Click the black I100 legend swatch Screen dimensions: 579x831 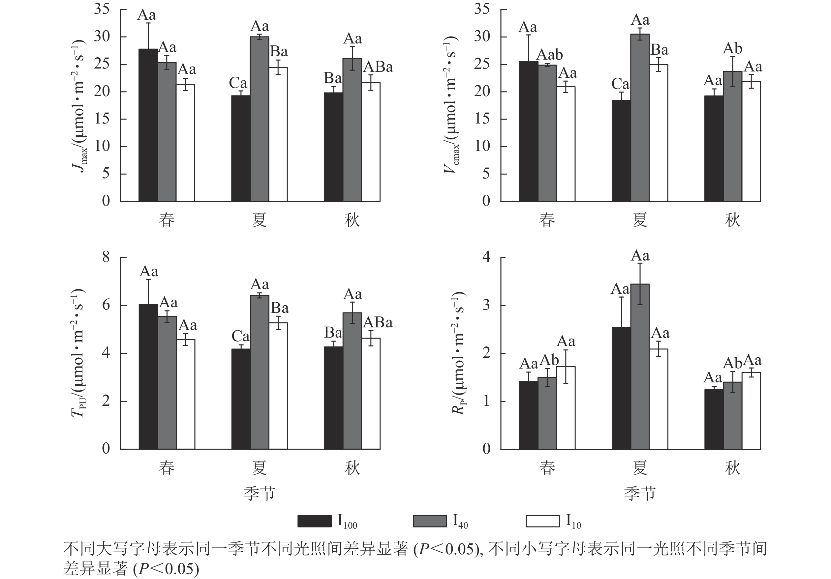pyautogui.click(x=314, y=521)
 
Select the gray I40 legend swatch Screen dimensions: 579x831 pyautogui.click(x=430, y=521)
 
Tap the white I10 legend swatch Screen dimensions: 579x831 pyautogui.click(x=542, y=521)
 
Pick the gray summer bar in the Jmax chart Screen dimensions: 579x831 pyautogui.click(x=260, y=119)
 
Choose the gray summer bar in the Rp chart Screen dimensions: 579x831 pyautogui.click(x=640, y=367)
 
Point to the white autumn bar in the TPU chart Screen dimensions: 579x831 pyautogui.click(x=371, y=394)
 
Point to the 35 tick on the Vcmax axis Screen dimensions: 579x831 pyautogui.click(x=482, y=9)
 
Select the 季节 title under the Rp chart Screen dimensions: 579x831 pyautogui.click(x=639, y=494)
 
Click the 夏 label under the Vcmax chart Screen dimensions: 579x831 pyautogui.click(x=639, y=220)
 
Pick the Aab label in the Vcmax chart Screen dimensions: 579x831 pyautogui.click(x=549, y=55)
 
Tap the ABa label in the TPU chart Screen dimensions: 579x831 pyautogui.click(x=378, y=322)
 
